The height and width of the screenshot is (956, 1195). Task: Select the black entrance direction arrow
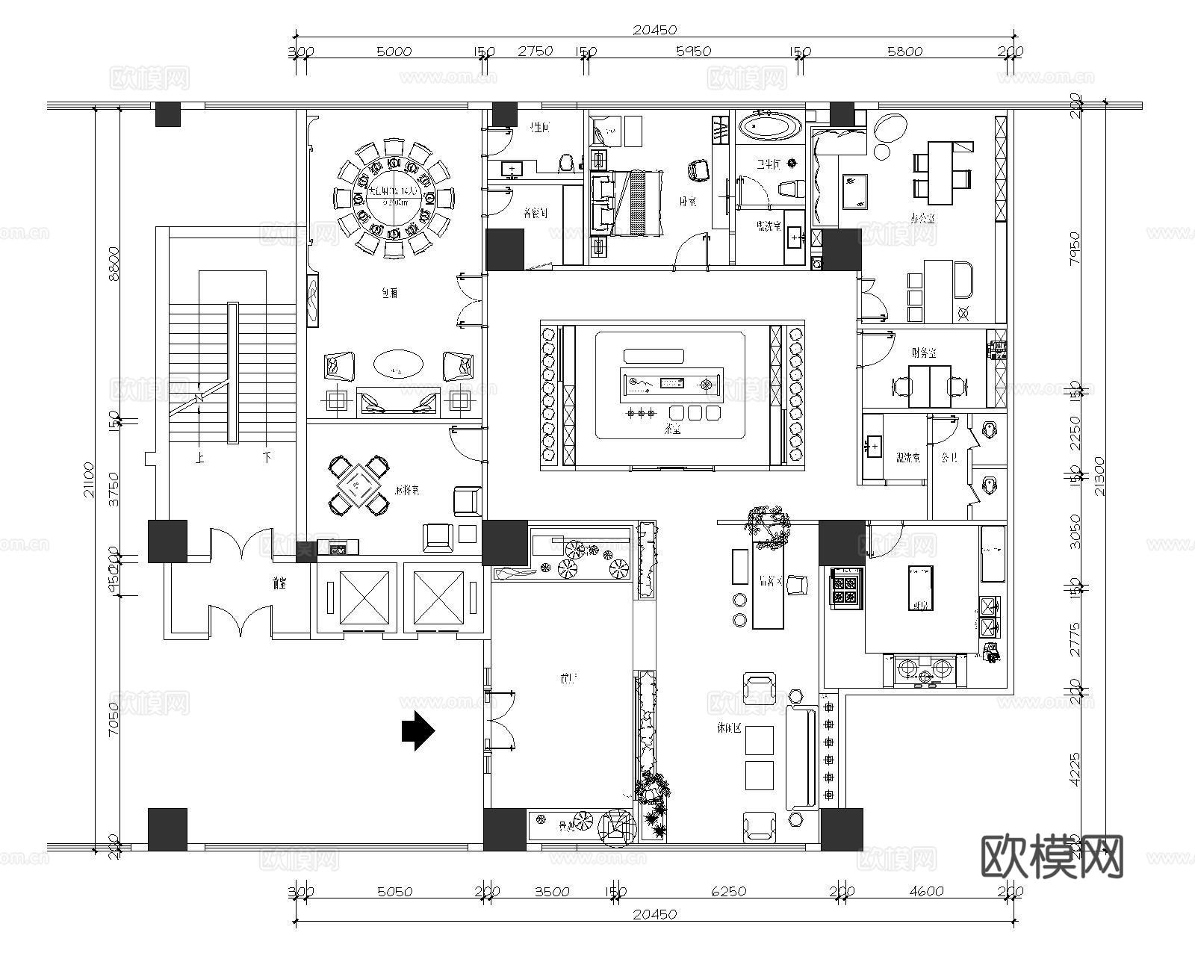point(418,731)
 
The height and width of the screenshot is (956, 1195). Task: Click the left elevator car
point(364,597)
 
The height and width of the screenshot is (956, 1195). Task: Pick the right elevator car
point(438,597)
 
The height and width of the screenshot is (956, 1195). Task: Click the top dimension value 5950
point(693,52)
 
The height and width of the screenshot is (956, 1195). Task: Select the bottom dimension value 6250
point(728,891)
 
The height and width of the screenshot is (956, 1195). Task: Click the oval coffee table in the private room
point(397,365)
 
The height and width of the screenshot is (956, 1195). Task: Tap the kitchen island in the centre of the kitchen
point(920,588)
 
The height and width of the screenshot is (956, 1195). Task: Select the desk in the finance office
point(929,385)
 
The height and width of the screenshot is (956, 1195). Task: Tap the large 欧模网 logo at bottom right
point(1051,857)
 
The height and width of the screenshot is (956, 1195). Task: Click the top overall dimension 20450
point(654,30)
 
